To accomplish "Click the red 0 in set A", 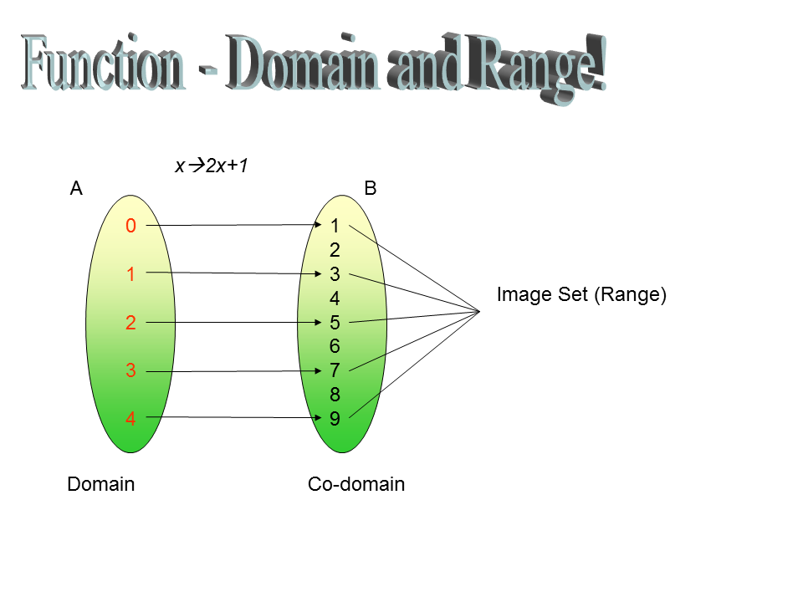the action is (130, 226).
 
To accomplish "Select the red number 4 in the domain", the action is (130, 419).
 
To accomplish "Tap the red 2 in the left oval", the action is (130, 323).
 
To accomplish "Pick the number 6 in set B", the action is (335, 346).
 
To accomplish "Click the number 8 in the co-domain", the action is (335, 395).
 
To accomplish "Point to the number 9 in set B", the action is (335, 419).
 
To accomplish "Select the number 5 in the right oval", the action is (335, 323).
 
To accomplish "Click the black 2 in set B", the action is (335, 250).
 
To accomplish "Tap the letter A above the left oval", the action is (76, 188).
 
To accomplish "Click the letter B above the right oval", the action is (371, 188).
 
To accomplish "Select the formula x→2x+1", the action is (212, 166).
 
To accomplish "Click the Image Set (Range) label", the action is (582, 295).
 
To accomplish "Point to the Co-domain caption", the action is (356, 484).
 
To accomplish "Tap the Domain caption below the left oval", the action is (101, 484).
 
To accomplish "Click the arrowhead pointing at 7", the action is (318, 370).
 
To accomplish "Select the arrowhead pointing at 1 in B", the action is (318, 225).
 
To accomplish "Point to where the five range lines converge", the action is (479, 311).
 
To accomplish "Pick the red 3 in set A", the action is (130, 370).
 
